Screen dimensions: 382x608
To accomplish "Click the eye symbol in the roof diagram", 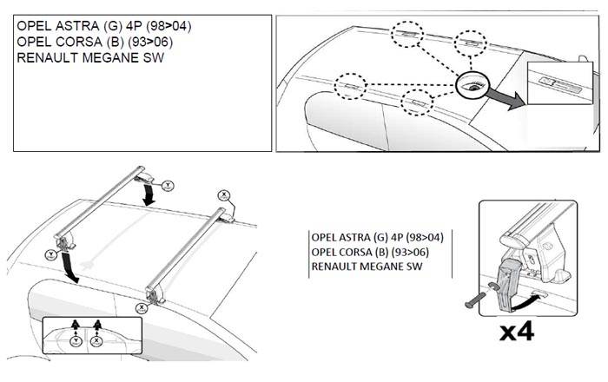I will [477, 85].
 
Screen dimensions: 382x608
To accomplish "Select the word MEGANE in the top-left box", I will [104, 57].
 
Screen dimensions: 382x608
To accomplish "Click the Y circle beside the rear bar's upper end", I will [168, 184].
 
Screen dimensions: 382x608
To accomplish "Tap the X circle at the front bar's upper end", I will [222, 195].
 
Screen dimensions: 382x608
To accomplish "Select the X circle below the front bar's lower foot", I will [141, 306].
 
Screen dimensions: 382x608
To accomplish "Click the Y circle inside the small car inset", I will [77, 341].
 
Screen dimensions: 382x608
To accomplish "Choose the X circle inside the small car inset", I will [97, 341].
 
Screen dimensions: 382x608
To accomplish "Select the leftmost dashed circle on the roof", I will [353, 88].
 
